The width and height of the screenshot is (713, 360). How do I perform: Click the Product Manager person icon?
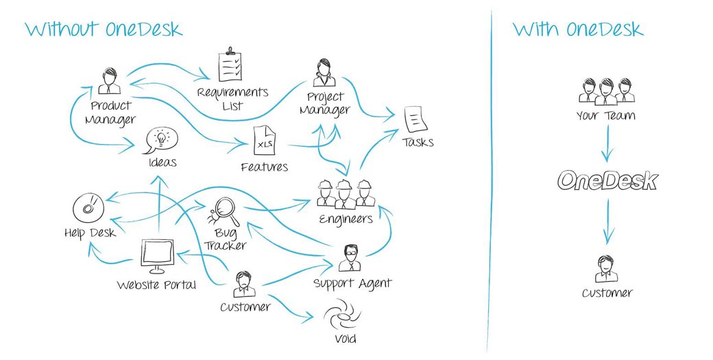click(110, 81)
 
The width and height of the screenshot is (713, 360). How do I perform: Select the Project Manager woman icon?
click(324, 72)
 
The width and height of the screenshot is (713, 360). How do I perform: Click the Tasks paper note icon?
click(415, 120)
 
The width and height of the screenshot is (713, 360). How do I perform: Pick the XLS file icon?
click(265, 141)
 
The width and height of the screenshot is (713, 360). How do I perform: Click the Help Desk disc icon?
click(88, 208)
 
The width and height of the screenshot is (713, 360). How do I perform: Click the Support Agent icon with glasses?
click(350, 258)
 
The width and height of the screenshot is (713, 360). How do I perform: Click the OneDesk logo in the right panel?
click(607, 180)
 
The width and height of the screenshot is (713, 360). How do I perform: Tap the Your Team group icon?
click(607, 91)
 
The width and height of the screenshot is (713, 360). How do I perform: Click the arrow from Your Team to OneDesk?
click(607, 144)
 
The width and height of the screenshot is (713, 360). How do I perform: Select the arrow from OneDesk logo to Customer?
click(607, 222)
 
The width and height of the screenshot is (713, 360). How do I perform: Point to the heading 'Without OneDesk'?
click(104, 29)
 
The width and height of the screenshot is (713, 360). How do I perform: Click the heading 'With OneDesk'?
click(579, 29)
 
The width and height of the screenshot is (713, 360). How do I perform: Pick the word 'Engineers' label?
click(346, 219)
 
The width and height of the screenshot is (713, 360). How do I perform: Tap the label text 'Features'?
click(265, 167)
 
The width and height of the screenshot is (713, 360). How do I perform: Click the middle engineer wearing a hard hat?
click(346, 194)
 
